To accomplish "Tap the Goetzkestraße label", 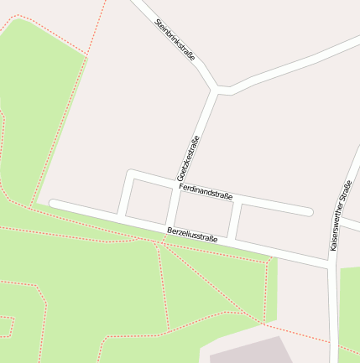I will pyautogui.click(x=187, y=158).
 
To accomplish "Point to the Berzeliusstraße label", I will pyautogui.click(x=191, y=234).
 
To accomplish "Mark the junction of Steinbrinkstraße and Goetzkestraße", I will pyautogui.click(x=218, y=88).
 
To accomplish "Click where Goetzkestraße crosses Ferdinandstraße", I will pyautogui.click(x=178, y=185).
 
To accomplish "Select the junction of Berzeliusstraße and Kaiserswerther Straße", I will pyautogui.click(x=332, y=265).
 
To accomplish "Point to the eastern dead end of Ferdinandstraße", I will pyautogui.click(x=309, y=211).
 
